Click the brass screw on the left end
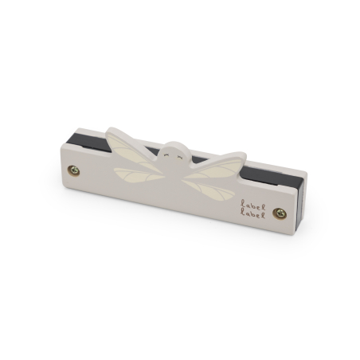click(x=73, y=170)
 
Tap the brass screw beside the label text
click(x=280, y=213)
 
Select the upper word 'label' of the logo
click(x=252, y=205)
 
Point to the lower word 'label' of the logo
click(x=252, y=214)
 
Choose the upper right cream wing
click(x=217, y=169)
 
